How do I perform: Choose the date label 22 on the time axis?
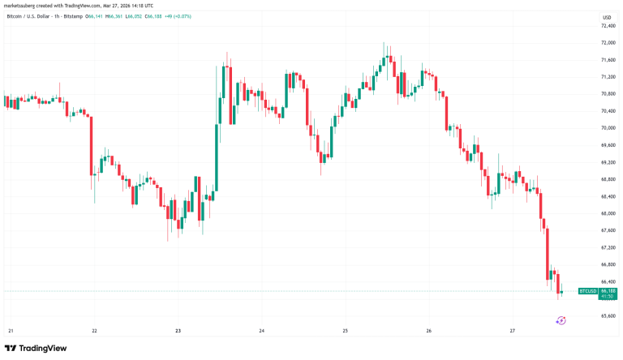(95, 331)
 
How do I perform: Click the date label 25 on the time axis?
(345, 331)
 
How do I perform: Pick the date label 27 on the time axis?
(512, 331)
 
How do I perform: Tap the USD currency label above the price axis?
(584, 16)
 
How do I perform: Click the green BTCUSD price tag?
(586, 289)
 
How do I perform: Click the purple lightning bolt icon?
(561, 320)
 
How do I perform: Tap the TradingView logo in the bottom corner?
(37, 349)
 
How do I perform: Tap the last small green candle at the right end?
(561, 291)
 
